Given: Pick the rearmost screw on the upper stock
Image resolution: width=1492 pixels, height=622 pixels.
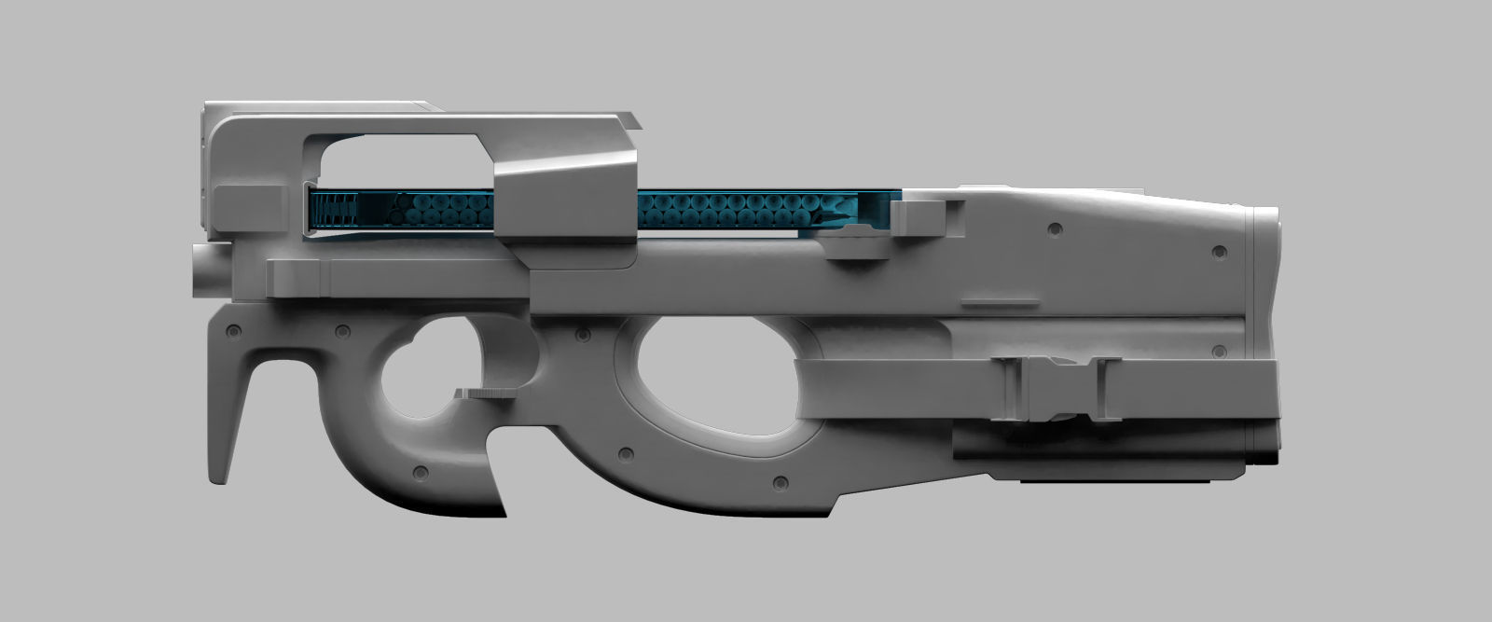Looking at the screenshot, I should click(1217, 253).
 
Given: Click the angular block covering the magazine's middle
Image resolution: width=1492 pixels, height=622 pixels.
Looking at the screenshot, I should click(564, 200).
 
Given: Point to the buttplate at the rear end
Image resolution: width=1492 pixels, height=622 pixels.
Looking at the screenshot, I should click(1271, 336).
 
